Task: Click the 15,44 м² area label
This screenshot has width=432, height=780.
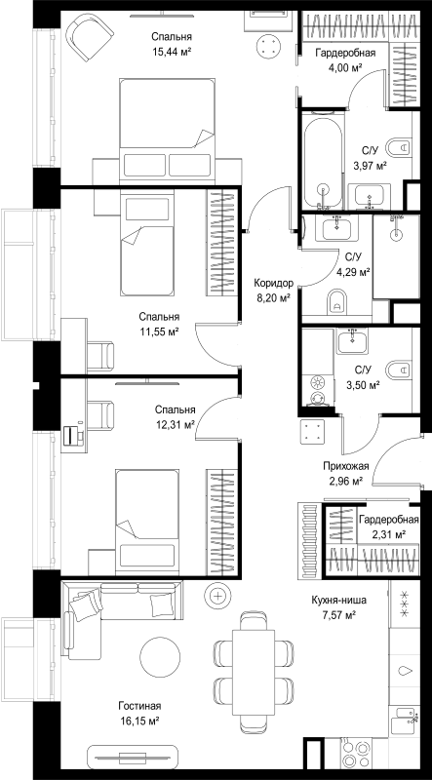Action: (172, 51)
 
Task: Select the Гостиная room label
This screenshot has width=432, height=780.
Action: (139, 706)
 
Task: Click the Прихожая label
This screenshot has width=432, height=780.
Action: (345, 466)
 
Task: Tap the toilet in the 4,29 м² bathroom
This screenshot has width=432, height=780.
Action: (336, 302)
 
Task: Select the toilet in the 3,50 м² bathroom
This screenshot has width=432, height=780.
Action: (399, 370)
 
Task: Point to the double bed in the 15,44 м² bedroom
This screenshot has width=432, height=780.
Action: (167, 131)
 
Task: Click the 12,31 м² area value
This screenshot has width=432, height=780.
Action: (175, 424)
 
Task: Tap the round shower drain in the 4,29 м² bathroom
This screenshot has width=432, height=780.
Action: (397, 234)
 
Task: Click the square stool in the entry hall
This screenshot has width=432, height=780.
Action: (313, 430)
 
